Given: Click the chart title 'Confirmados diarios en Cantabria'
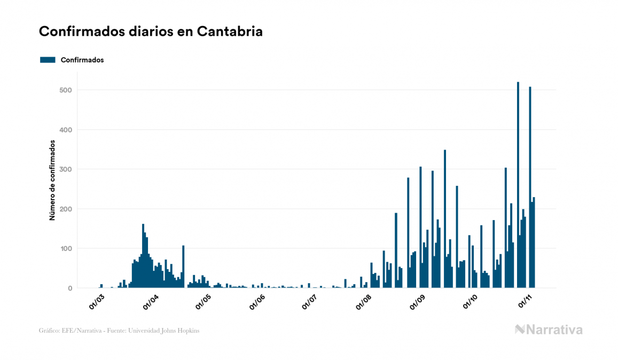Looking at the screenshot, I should coord(151,32).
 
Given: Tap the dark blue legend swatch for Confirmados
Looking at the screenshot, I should coord(48,60).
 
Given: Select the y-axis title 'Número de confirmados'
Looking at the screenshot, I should coord(52,181).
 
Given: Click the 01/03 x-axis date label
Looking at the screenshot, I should coord(97,301).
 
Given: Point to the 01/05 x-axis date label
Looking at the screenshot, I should coord(203,301).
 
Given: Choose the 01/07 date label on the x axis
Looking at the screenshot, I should coord(309,301).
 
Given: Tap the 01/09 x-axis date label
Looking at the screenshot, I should coord(417,301).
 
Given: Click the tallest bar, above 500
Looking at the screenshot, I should coord(518,185).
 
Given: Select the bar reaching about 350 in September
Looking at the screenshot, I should coord(445,219).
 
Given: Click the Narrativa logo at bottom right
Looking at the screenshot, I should coord(549,330).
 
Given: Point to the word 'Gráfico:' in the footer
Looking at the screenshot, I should coord(49,331).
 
